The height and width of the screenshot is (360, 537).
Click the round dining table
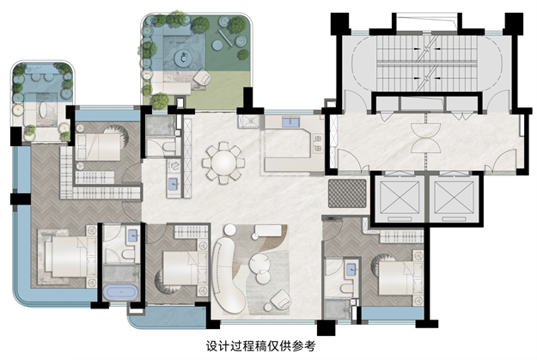[x=223, y=161]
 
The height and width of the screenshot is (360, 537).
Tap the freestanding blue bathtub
[x=122, y=293]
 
